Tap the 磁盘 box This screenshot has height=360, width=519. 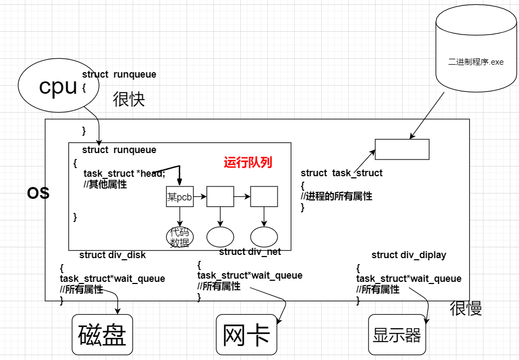click(x=102, y=335)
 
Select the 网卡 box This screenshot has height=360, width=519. click(x=246, y=335)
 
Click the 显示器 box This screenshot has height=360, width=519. click(x=397, y=335)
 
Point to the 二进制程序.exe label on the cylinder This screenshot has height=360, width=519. click(x=476, y=62)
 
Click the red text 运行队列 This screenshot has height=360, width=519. click(x=248, y=162)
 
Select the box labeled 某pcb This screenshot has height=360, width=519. click(x=179, y=197)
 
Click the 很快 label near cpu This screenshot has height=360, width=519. click(x=129, y=99)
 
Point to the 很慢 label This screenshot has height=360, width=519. click(x=466, y=308)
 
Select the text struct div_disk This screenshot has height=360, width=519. click(x=112, y=255)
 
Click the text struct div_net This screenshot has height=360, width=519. click(x=250, y=252)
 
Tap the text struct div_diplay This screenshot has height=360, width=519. click(x=409, y=255)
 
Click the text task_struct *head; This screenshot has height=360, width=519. click(x=124, y=174)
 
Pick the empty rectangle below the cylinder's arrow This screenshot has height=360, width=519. click(x=402, y=149)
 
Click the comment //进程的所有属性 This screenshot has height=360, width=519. click(x=336, y=197)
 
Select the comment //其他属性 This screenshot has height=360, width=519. click(x=105, y=184)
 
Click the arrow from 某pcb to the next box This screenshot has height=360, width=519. click(x=200, y=197)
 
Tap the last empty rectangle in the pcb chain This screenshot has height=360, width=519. click(x=264, y=197)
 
